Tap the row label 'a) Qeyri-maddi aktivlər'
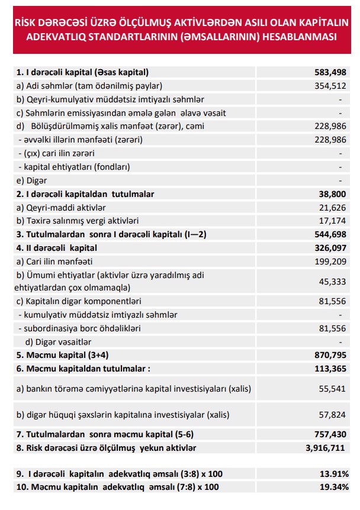61,207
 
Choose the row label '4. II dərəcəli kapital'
56,247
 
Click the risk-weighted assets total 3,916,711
325,448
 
